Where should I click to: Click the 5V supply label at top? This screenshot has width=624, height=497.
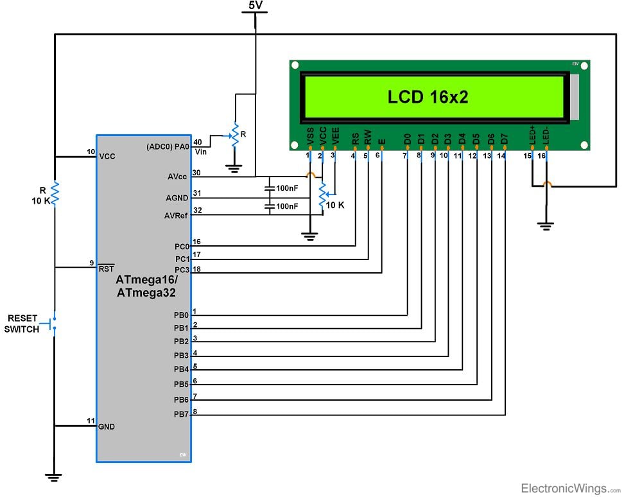click(256, 6)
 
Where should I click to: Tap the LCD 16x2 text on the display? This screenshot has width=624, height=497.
click(428, 97)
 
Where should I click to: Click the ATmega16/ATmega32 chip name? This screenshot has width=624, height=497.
click(146, 286)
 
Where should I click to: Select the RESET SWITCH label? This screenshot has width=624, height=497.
click(22, 324)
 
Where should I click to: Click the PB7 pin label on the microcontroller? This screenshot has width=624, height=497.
click(180, 415)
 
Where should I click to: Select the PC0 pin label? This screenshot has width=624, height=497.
click(181, 247)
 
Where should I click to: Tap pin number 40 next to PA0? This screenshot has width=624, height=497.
click(197, 142)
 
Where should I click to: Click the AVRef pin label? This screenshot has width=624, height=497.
click(176, 216)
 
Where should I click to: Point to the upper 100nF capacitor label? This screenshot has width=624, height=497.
click(287, 189)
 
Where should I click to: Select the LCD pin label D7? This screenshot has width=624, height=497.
click(505, 138)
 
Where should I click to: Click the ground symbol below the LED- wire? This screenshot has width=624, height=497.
click(546, 226)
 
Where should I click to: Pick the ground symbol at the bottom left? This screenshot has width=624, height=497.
click(55, 477)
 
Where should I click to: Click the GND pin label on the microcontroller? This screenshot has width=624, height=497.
click(107, 426)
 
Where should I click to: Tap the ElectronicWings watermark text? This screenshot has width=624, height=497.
click(564, 489)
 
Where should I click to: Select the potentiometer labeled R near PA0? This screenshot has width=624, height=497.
click(235, 136)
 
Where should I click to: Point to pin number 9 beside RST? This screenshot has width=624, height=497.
click(92, 262)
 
